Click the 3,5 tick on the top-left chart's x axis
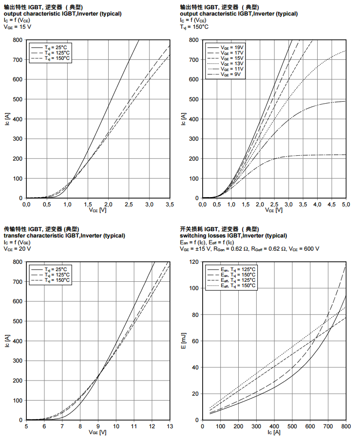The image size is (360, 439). (x=170, y=204)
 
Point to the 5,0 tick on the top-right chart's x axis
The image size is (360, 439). (x=345, y=204)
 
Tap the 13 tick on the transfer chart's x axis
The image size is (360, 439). (x=170, y=426)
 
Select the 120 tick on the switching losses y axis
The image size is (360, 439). (x=193, y=262)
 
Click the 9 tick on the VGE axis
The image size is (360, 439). (x=98, y=426)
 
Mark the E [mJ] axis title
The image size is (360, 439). (x=184, y=341)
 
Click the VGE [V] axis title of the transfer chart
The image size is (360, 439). (x=97, y=432)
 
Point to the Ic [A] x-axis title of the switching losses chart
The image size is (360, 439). (x=274, y=432)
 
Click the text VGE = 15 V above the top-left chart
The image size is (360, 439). (x=17, y=27)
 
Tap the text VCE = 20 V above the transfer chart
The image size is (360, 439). (x=17, y=249)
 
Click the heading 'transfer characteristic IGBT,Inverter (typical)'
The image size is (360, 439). (x=61, y=236)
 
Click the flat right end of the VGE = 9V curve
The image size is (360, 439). (x=341, y=155)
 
